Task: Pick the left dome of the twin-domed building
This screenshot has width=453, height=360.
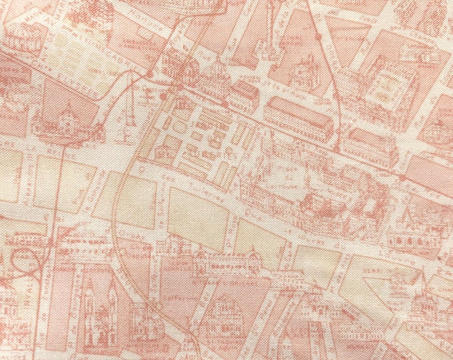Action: [x=189, y=67]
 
